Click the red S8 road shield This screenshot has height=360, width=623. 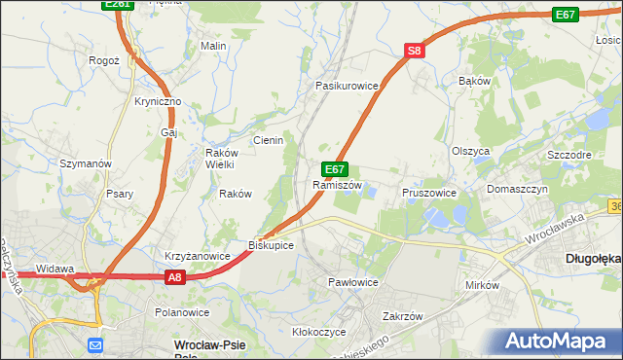point(415,51)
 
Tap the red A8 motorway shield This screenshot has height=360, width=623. point(173,277)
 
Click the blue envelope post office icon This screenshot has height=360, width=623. point(94,344)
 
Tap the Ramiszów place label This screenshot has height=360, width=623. point(337,185)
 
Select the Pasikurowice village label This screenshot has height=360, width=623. point(346,86)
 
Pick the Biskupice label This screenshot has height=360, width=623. point(271,245)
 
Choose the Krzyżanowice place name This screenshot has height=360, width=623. point(197,256)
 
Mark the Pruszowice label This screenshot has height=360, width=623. point(429,193)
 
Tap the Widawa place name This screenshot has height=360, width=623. point(55,268)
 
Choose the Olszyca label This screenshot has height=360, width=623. point(470,151)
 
